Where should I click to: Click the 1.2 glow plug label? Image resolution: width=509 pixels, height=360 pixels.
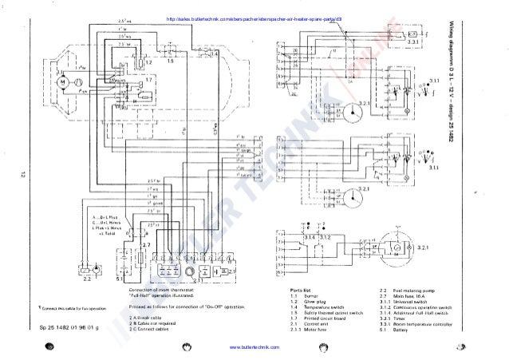pyautogui.click(x=148, y=61)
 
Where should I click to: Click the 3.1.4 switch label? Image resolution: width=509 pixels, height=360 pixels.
pyautogui.click(x=306, y=238)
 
